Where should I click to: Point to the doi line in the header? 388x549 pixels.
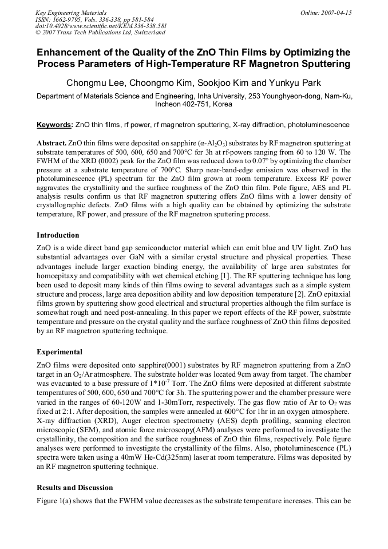pos(101,26)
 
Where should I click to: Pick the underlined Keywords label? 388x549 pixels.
pos(54,124)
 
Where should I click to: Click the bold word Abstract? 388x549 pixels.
pos(52,141)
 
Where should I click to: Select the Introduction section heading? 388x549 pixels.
pos(58,235)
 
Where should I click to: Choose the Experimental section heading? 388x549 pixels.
pos(60,351)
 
